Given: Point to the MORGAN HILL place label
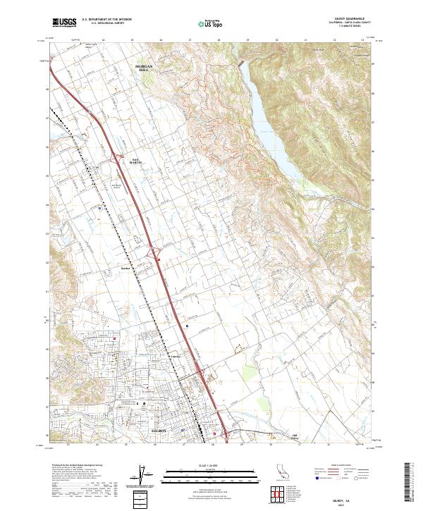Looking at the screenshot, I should coord(144,68).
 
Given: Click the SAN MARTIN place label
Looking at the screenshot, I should coord(140,161).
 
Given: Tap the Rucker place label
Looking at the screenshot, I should coord(127,268).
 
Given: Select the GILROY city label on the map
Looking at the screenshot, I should coord(159,429).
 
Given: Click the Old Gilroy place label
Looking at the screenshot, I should coord(296,436).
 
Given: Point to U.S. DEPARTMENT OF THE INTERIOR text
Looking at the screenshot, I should coord(106,20).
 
